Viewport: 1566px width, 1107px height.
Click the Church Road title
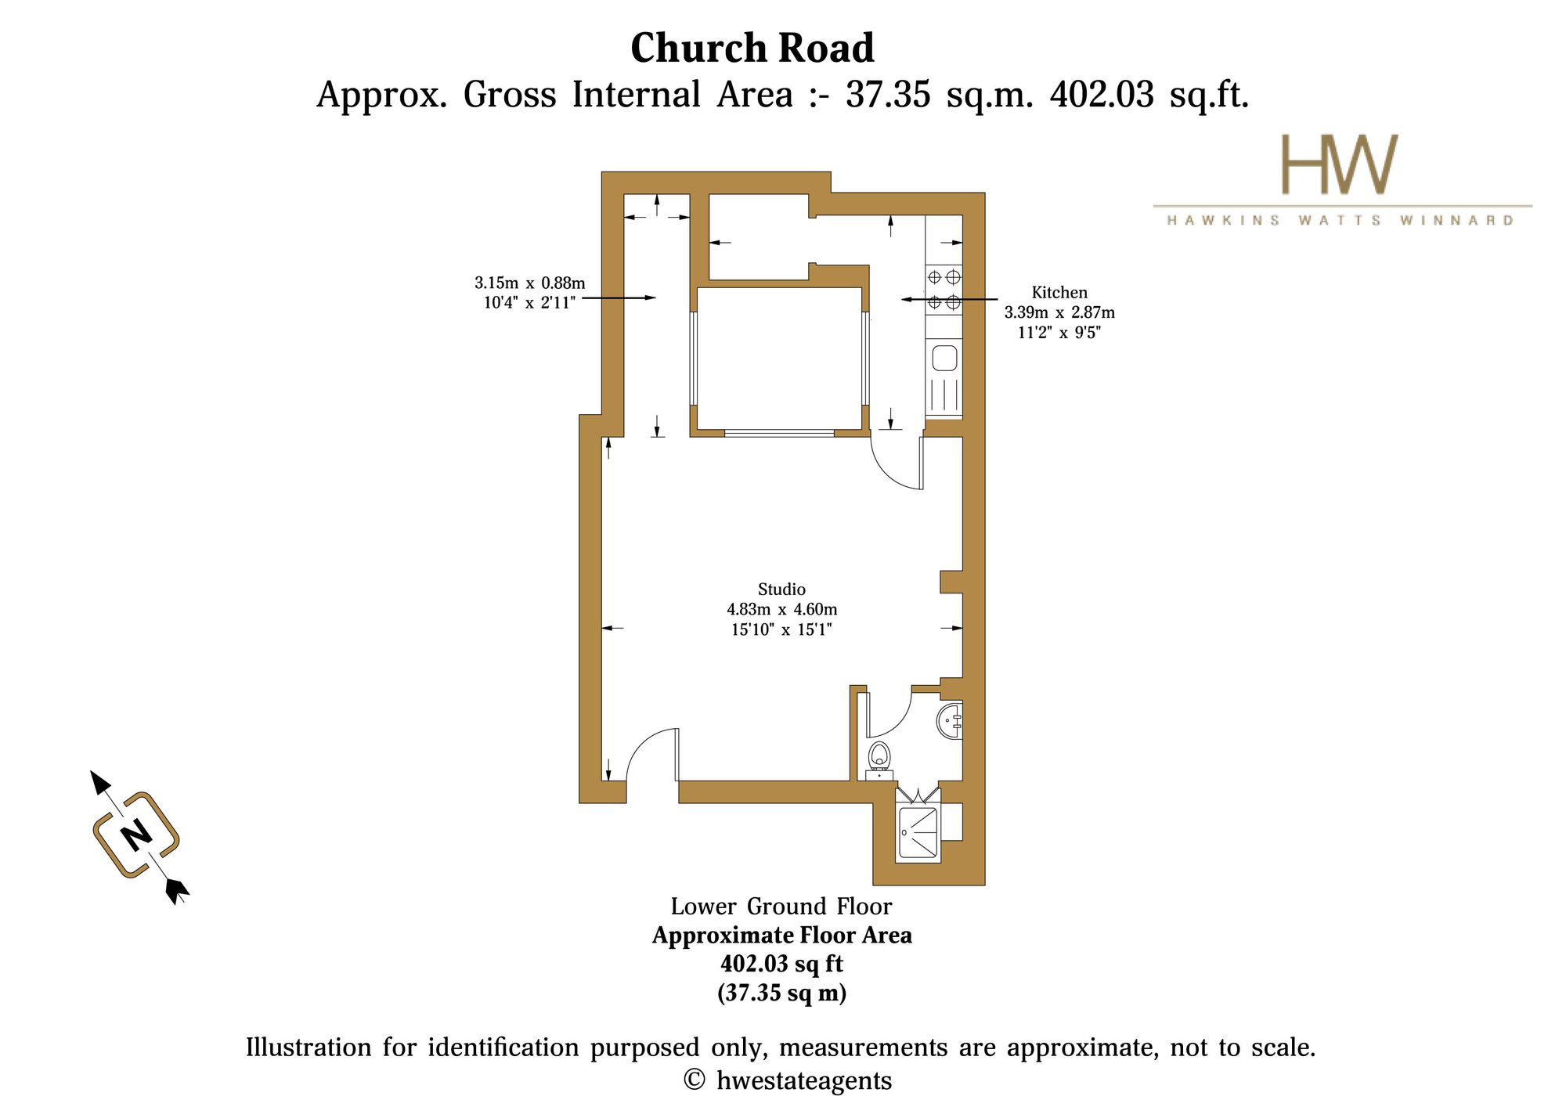(752, 49)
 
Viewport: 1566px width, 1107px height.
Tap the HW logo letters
(1339, 164)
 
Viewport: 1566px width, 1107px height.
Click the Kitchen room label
(1059, 292)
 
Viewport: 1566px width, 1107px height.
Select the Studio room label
(781, 589)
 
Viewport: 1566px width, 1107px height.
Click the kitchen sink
(944, 359)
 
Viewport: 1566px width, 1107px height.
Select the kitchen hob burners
(944, 289)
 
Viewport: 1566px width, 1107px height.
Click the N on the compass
(136, 835)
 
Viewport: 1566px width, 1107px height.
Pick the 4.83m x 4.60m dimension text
(781, 609)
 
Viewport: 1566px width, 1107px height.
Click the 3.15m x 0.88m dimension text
(529, 283)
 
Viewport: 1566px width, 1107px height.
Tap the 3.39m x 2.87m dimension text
(1059, 312)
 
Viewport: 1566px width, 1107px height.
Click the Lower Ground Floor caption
(781, 906)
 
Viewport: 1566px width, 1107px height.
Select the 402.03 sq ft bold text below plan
(781, 963)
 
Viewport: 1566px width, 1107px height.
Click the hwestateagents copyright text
(788, 1080)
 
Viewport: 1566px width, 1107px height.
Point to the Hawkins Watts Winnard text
(1340, 220)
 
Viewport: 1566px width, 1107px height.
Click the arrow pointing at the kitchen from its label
(949, 299)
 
